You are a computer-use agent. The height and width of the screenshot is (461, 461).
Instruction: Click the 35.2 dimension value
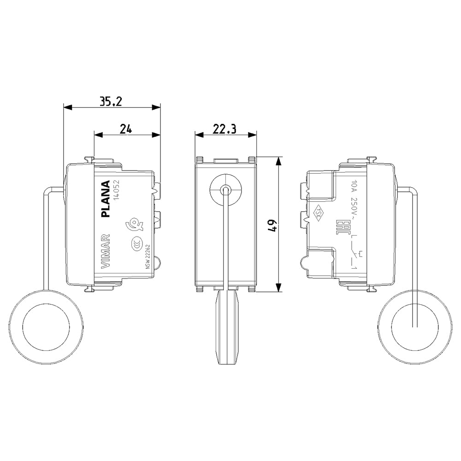point(111,102)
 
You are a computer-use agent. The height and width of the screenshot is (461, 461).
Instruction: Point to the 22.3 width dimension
point(225,129)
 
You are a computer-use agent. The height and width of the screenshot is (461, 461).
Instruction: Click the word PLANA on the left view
point(105,199)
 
